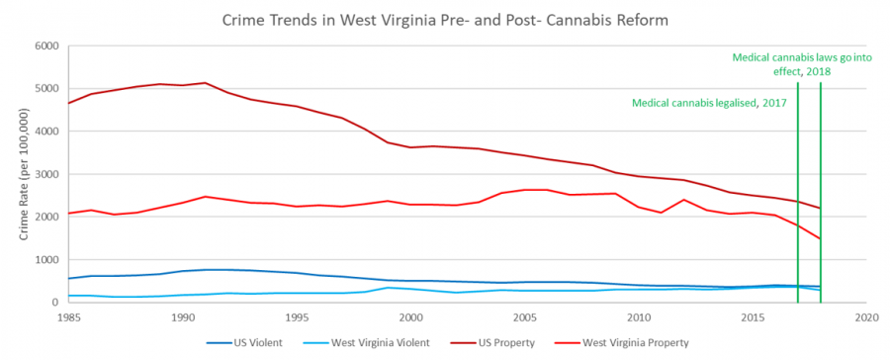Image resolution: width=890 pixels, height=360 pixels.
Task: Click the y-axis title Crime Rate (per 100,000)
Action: [21, 173]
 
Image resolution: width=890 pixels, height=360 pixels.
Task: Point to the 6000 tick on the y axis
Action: [45, 45]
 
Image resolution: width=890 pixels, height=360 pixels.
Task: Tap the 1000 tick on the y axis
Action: [45, 260]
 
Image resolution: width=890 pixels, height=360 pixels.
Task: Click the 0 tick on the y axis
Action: [54, 303]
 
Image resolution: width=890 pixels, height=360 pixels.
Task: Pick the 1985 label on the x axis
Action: [68, 318]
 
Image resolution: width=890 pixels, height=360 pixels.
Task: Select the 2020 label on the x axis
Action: [866, 318]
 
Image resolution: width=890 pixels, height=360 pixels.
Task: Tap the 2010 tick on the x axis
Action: [638, 318]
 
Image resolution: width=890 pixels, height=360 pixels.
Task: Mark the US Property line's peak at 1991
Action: [205, 83]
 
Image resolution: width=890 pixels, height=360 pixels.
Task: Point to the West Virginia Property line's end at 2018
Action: [821, 238]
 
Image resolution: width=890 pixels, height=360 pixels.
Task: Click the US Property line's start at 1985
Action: [68, 103]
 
